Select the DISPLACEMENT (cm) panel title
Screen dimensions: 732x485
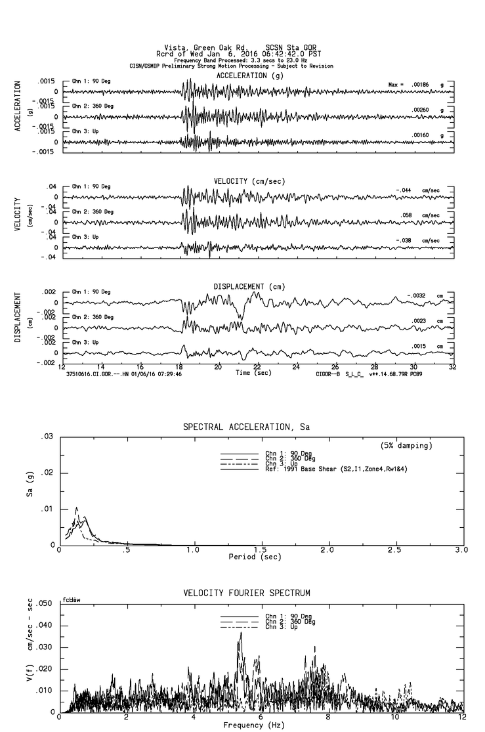(x=247, y=286)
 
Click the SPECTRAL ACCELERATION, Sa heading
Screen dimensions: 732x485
(x=246, y=427)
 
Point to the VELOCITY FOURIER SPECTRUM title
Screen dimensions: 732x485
(x=246, y=593)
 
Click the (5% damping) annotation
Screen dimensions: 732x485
(x=406, y=446)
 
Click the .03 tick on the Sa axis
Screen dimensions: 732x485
(x=47, y=437)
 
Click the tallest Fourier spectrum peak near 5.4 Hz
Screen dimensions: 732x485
(x=241, y=632)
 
